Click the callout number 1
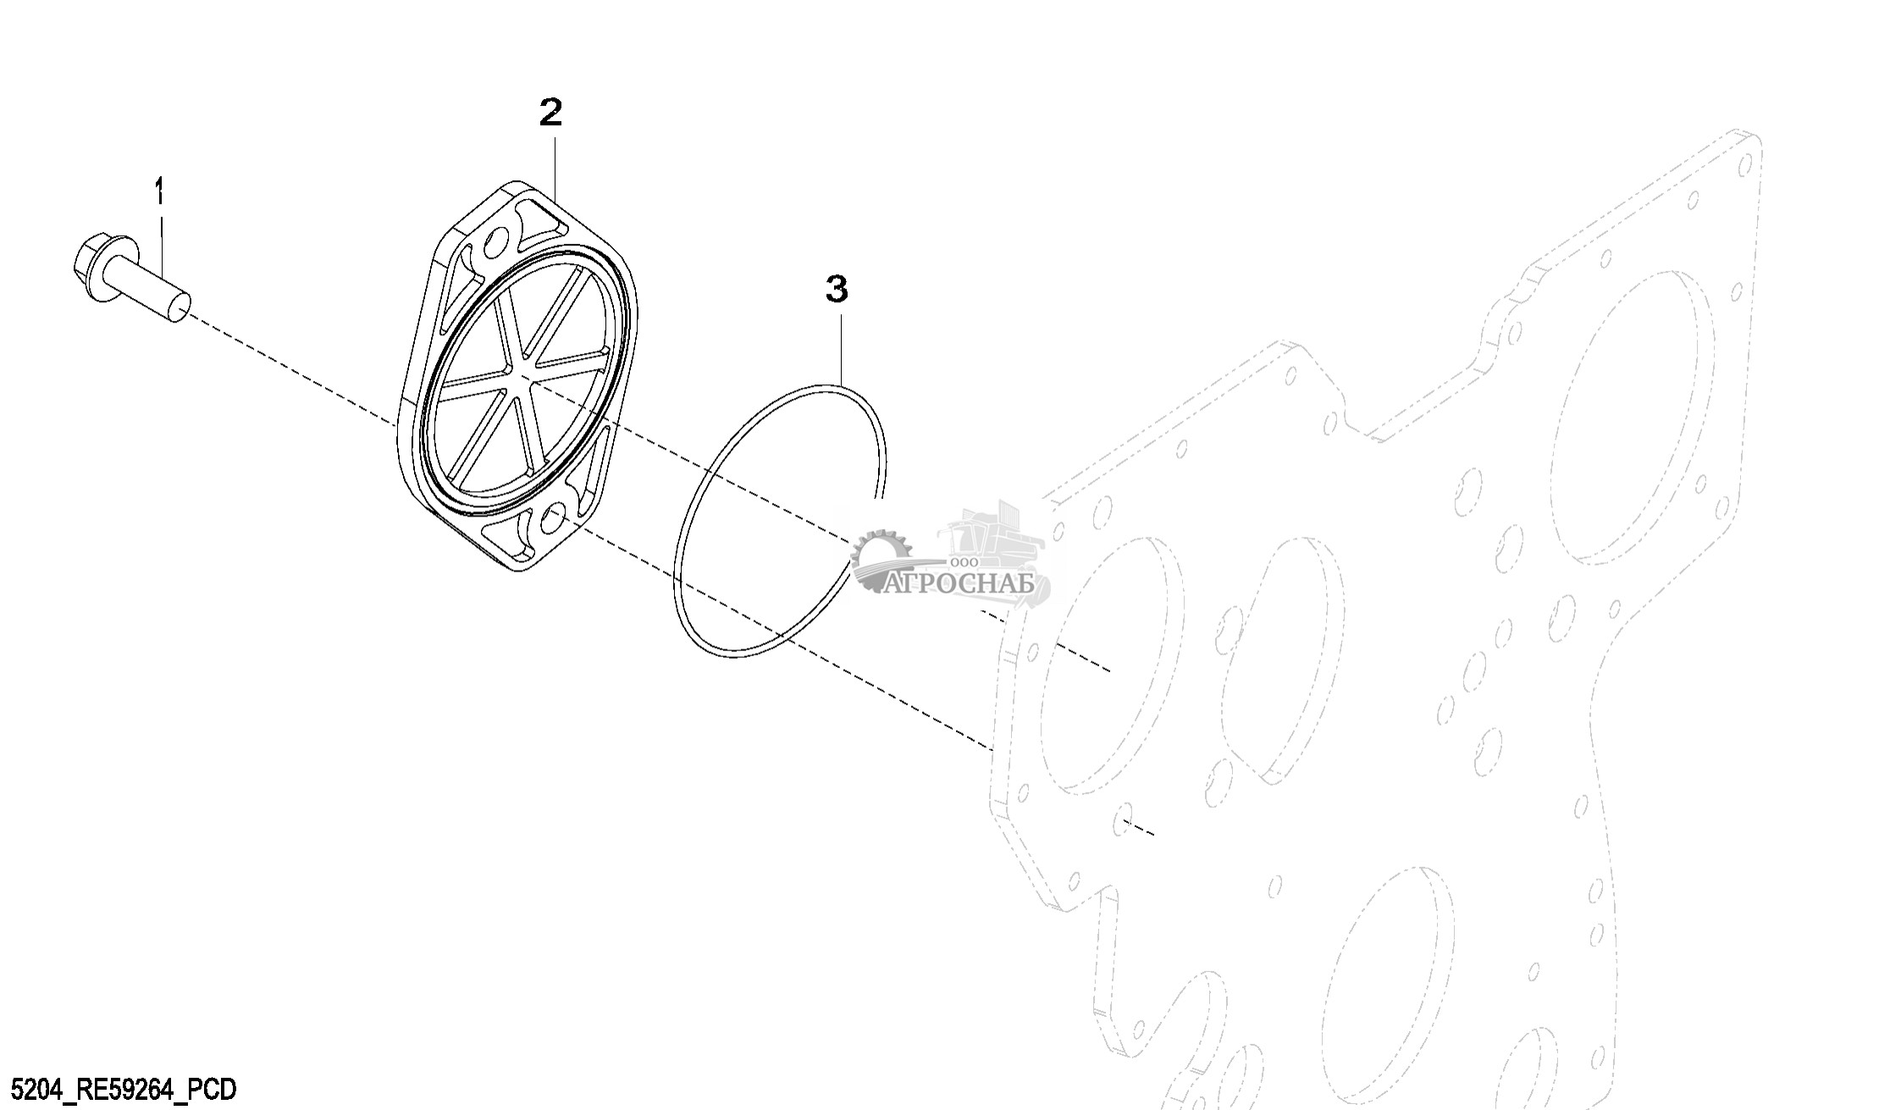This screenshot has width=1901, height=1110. (159, 191)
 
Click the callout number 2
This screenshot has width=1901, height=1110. (551, 112)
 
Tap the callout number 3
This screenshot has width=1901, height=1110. (837, 289)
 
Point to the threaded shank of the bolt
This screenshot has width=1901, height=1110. (152, 292)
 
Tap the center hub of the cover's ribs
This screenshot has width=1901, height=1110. (517, 378)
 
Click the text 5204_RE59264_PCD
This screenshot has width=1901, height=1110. (119, 1089)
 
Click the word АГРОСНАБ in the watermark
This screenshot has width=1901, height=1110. (961, 583)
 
